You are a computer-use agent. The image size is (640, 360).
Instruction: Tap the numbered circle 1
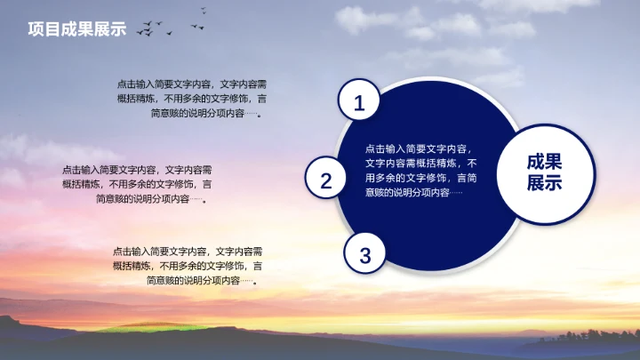(359, 103)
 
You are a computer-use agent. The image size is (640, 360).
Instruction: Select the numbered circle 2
(326, 180)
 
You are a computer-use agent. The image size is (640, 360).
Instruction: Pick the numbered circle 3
(365, 255)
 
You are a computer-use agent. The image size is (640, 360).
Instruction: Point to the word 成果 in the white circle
(544, 161)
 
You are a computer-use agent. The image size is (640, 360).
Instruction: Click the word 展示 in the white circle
(544, 184)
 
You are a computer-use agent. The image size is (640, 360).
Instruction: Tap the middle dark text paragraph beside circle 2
(136, 184)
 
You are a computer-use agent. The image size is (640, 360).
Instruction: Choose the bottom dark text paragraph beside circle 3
(187, 265)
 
